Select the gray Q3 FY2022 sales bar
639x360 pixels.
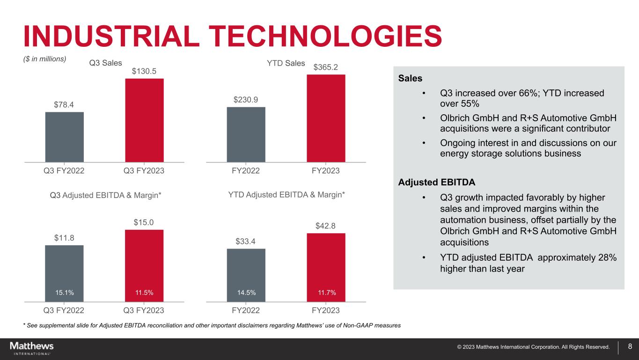(65, 137)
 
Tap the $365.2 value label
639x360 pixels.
(326, 67)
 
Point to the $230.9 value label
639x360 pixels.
(246, 99)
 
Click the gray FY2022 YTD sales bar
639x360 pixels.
(246, 134)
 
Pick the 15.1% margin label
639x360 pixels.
(65, 293)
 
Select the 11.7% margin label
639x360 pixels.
(326, 293)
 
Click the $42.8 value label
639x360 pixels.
(326, 226)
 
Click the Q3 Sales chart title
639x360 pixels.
(105, 63)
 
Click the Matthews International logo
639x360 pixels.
(32, 348)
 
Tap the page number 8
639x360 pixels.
(630, 347)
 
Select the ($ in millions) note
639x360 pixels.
(45, 59)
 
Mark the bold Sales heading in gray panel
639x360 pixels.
(410, 78)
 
